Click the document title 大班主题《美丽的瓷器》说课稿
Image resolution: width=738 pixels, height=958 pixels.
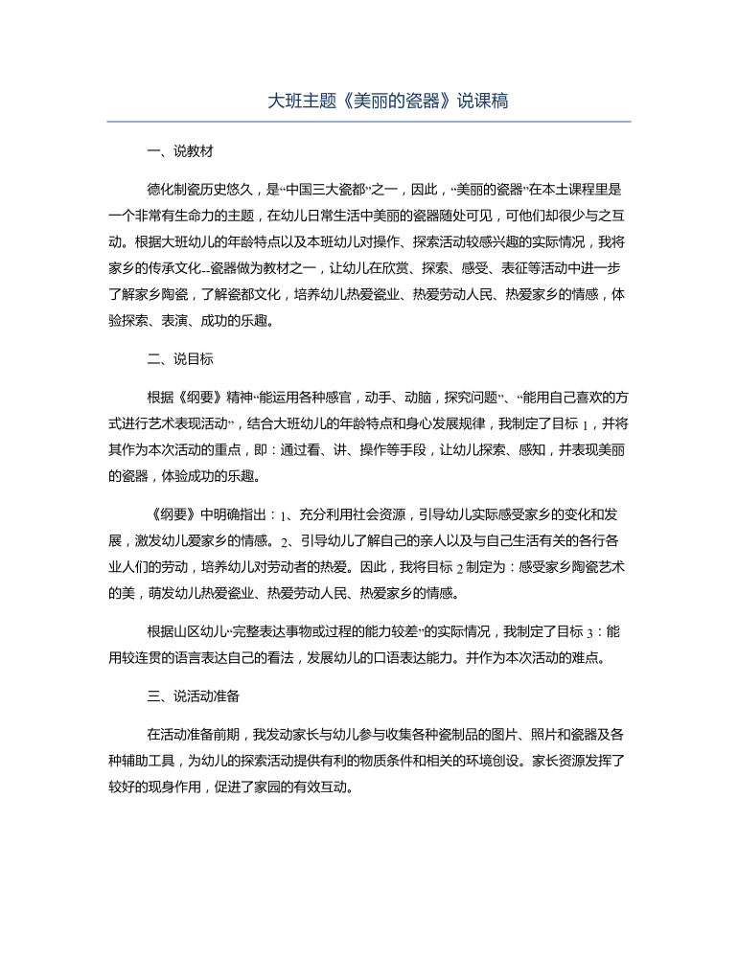pyautogui.click(x=368, y=101)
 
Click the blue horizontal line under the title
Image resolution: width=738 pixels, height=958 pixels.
pyautogui.click(x=368, y=122)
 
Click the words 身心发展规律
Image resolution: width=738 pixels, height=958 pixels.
pyautogui.click(x=446, y=422)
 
